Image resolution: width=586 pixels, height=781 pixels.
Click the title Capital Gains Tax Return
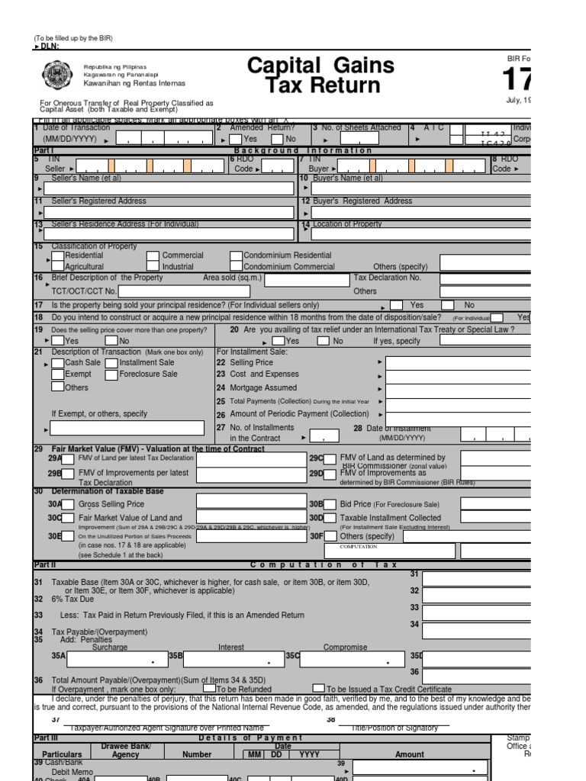click(x=321, y=75)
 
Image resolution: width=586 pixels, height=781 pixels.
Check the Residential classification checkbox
click(x=58, y=256)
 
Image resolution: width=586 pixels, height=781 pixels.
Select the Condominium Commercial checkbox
click(x=237, y=267)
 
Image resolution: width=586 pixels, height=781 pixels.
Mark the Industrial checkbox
click(x=153, y=267)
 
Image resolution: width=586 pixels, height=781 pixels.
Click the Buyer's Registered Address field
click(x=416, y=212)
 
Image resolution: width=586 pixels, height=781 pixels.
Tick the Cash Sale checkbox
click(x=58, y=363)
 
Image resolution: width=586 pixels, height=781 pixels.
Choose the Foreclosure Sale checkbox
click(x=111, y=374)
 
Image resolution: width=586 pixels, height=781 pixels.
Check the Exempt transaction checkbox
click(x=58, y=374)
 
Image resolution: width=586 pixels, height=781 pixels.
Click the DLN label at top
click(x=48, y=47)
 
